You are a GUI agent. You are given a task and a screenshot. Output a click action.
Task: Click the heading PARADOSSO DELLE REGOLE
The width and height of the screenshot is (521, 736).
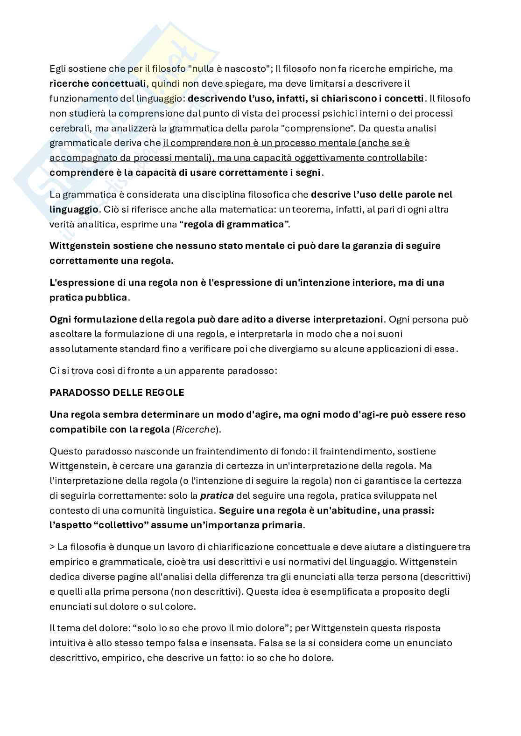pyautogui.click(x=117, y=392)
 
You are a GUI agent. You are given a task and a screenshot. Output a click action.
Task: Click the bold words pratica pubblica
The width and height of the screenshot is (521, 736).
pyautogui.click(x=88, y=297)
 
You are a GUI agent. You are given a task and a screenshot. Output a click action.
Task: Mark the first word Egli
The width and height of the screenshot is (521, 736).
pyautogui.click(x=58, y=69)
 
